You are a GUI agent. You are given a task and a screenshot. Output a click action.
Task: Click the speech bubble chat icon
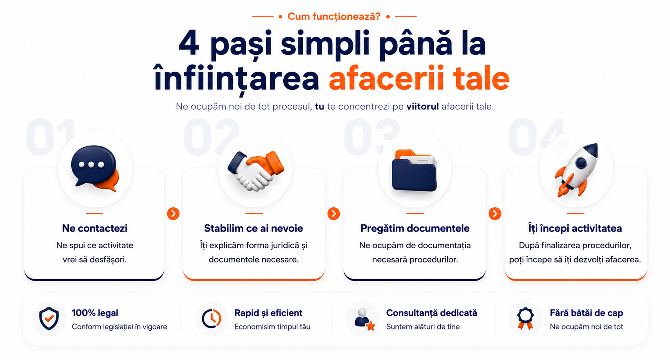94,168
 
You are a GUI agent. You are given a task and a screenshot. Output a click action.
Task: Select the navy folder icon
414,170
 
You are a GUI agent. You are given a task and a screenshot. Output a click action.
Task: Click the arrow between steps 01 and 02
173,213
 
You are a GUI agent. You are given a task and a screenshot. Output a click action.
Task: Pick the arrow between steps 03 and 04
495,213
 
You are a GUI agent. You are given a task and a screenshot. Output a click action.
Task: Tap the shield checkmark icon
49,318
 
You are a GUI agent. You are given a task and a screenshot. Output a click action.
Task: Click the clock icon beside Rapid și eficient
212,318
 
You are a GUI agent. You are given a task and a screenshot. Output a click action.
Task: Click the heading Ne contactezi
94,228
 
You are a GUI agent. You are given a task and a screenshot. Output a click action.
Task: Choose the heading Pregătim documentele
415,228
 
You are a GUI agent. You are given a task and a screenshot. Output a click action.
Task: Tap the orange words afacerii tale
419,78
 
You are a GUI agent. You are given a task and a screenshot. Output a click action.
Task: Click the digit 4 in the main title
189,43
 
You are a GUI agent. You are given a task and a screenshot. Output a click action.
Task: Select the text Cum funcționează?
334,16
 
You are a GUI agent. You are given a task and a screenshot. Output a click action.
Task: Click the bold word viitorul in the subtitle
422,107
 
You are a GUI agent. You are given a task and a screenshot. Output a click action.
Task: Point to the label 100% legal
95,313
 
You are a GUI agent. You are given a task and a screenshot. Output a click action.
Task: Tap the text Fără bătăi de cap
586,313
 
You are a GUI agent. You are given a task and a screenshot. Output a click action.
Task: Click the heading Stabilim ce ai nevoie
254,228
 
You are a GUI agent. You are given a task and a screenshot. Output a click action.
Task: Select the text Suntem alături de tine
423,327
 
